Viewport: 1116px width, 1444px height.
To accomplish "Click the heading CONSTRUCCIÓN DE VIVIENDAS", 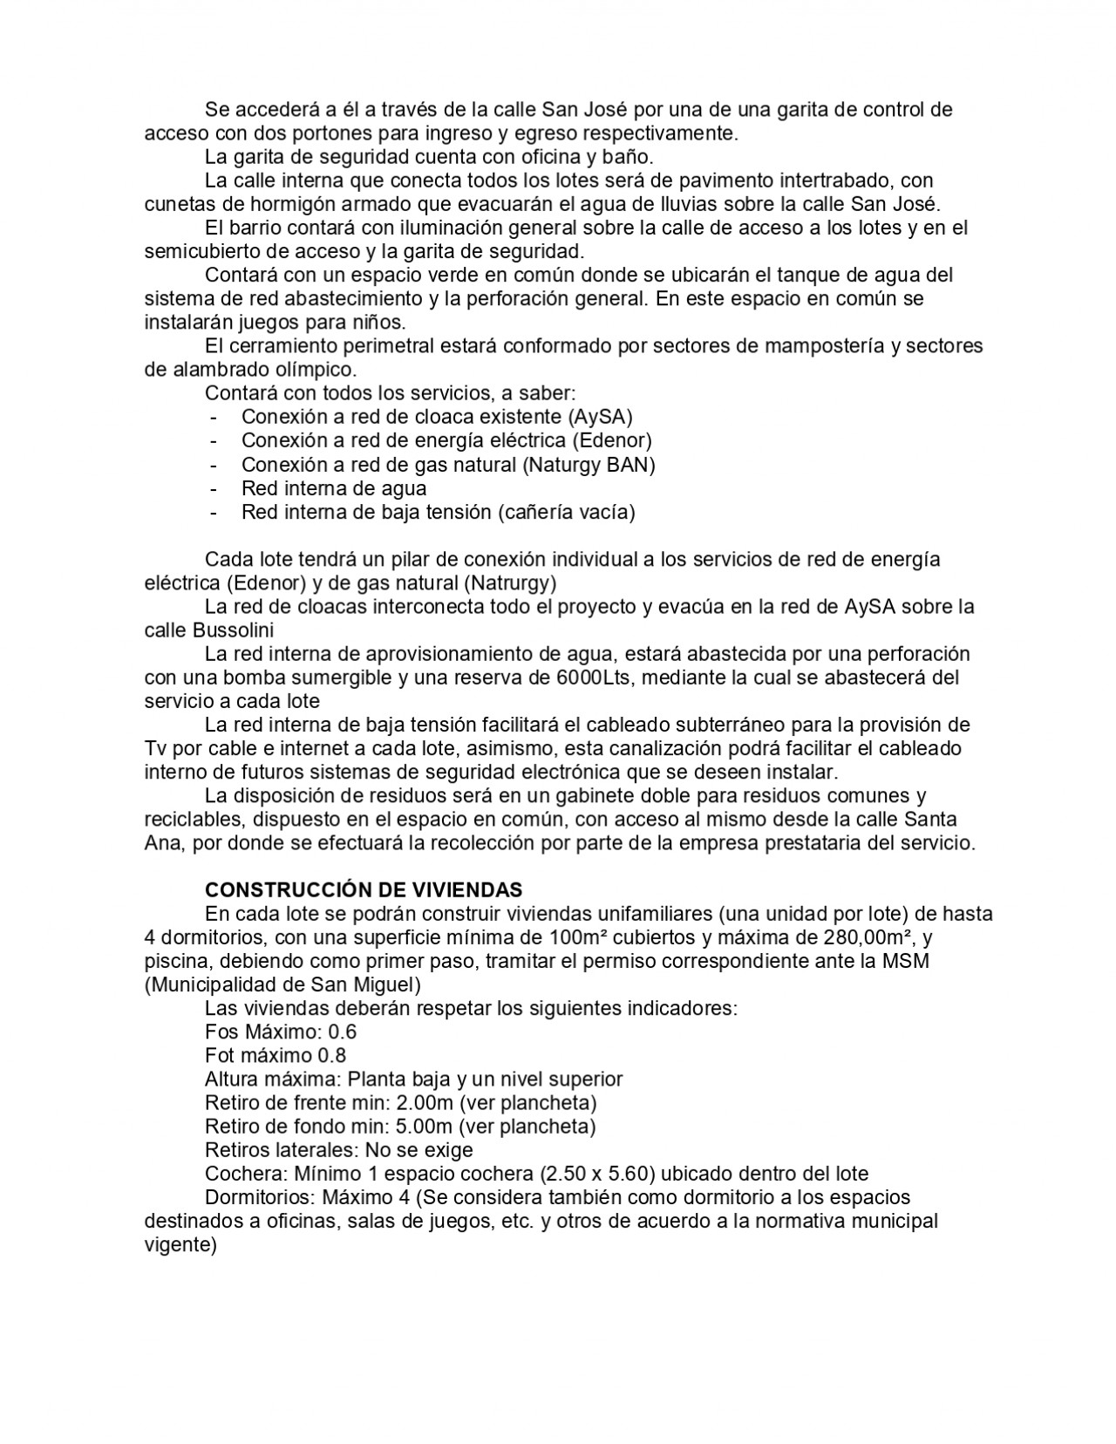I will point(363,889).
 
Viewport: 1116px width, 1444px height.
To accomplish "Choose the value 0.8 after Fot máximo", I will point(331,1055).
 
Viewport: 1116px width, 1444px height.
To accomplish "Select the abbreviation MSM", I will point(906,961).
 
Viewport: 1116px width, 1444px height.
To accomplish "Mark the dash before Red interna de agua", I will point(214,488).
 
